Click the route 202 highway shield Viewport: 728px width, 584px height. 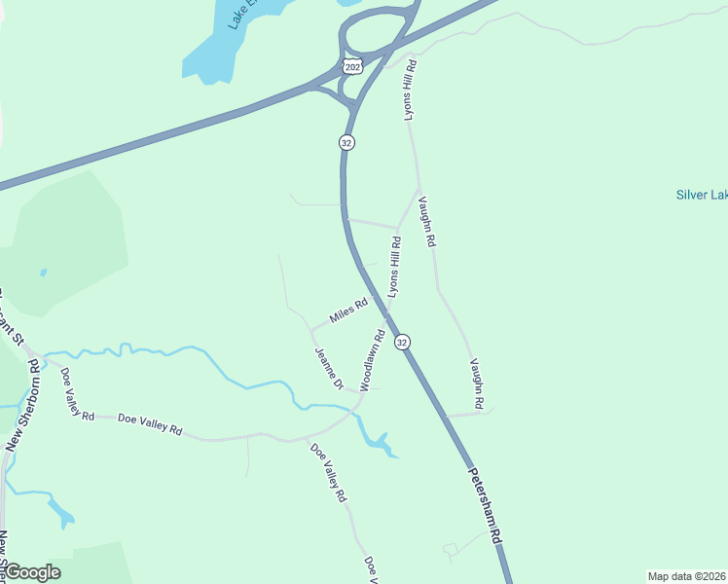click(351, 65)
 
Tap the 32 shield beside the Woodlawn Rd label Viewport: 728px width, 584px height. click(402, 342)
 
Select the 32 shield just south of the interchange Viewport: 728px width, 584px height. click(346, 142)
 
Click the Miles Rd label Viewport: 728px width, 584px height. click(347, 311)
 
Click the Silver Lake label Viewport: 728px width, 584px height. click(701, 195)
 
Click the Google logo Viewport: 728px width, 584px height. click(32, 572)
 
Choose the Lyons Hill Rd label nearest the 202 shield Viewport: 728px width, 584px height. click(411, 90)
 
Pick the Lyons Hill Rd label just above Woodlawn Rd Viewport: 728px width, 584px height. click(394, 265)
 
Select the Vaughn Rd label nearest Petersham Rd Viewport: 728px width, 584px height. click(477, 383)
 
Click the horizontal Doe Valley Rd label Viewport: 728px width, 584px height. click(150, 423)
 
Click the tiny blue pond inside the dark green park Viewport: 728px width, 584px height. click(43, 273)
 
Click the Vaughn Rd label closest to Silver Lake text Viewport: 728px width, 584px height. click(425, 221)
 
